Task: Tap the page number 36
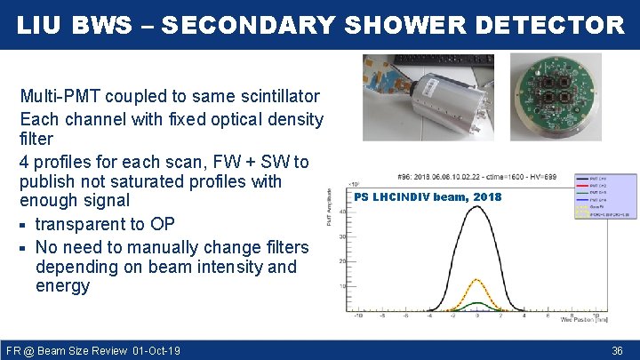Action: point(618,351)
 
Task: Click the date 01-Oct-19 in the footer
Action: point(156,351)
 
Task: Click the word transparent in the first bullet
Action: point(80,224)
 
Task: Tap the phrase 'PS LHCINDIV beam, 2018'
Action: point(428,196)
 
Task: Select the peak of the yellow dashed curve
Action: point(477,280)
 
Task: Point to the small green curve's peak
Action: point(476,303)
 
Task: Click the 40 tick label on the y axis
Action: point(341,212)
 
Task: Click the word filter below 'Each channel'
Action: point(36,139)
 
